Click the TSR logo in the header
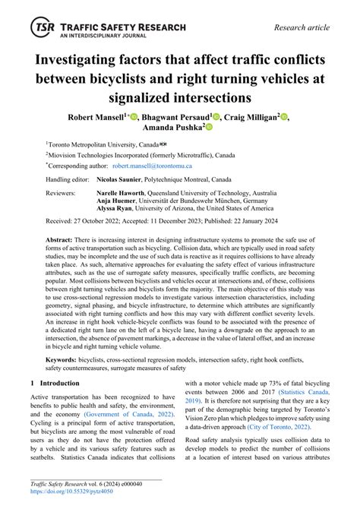42,29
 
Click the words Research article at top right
302,28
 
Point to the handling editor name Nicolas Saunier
125,179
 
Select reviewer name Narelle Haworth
124,194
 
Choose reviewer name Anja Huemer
118,202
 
